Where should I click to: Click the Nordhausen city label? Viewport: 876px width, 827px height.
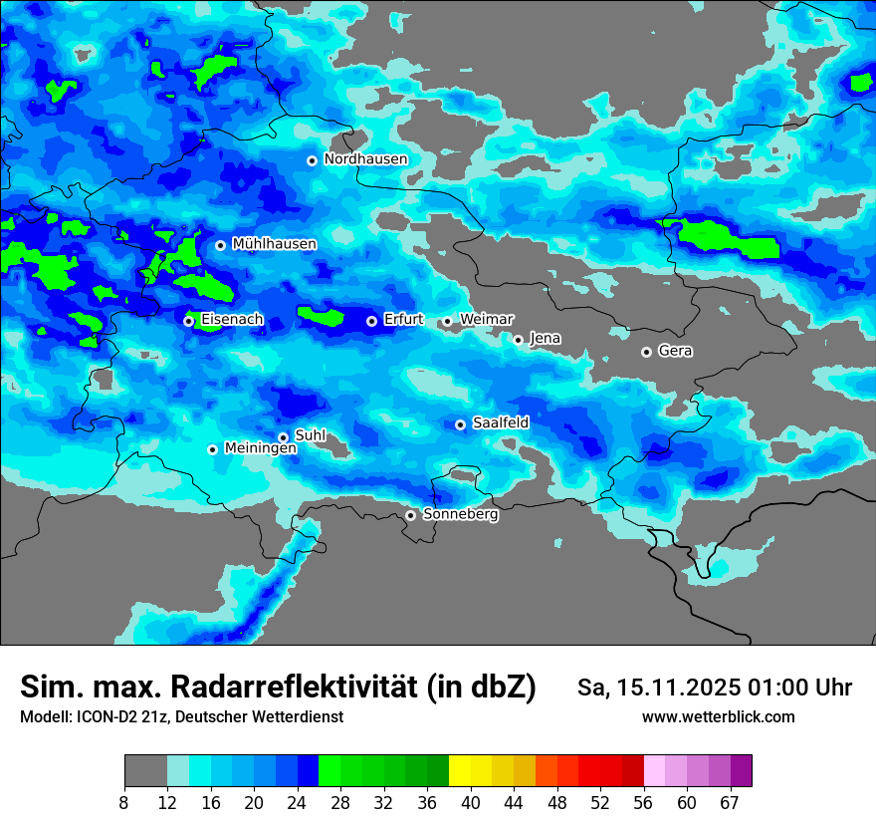tap(365, 159)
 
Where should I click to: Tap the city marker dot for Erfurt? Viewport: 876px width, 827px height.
tap(371, 321)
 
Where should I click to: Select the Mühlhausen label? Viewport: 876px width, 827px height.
tap(274, 244)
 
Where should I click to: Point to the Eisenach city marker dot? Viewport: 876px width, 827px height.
tap(188, 321)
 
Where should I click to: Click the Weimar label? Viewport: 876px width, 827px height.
tap(486, 320)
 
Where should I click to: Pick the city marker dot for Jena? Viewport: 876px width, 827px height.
tap(518, 340)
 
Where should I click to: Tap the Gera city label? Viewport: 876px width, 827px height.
tap(675, 351)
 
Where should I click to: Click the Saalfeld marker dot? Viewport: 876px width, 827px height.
tap(460, 424)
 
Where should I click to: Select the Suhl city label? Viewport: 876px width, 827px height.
tap(311, 435)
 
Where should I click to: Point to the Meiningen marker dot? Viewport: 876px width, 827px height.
tap(212, 449)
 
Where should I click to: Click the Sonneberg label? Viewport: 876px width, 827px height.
tap(460, 515)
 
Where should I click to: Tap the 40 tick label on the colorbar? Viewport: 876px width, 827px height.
tap(471, 803)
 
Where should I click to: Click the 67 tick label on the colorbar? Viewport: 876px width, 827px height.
tap(730, 803)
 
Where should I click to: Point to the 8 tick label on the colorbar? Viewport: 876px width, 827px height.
tap(124, 803)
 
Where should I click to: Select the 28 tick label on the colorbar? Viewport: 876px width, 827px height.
tap(340, 803)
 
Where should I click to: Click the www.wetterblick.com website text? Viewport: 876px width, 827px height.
tap(718, 717)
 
